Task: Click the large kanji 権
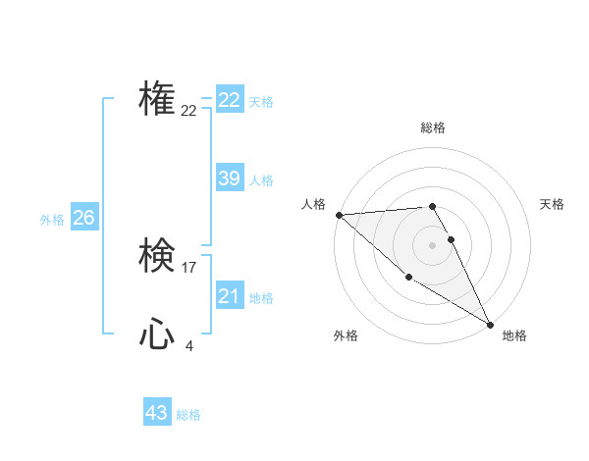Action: (x=157, y=98)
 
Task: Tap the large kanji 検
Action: (x=157, y=256)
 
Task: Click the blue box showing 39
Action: (x=229, y=179)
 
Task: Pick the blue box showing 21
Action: (x=229, y=296)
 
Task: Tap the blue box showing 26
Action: (x=83, y=218)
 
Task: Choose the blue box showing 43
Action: (x=157, y=413)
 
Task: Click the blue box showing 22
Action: (x=229, y=100)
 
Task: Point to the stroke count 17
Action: (x=189, y=268)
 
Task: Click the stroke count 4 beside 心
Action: (x=189, y=345)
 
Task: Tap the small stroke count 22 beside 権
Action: (x=189, y=111)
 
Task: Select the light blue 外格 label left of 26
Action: (x=52, y=220)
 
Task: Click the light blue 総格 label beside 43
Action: (x=188, y=415)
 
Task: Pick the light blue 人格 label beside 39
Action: (x=261, y=180)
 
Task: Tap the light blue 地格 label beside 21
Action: (x=261, y=298)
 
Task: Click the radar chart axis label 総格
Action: (x=432, y=128)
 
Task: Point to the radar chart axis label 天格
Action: (x=552, y=204)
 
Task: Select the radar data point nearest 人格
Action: (x=339, y=215)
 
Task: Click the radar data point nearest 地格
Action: (x=490, y=323)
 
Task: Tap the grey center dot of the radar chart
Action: (x=432, y=244)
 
